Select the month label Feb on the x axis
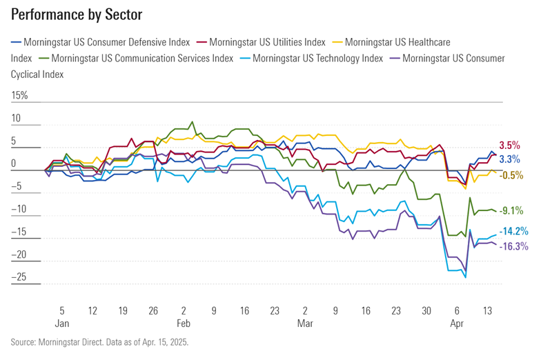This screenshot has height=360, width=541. point(184,323)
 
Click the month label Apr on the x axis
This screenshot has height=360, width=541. point(457,323)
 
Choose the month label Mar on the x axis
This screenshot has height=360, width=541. point(305,323)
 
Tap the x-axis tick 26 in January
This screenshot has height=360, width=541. point(153,310)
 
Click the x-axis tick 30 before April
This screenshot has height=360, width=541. point(426,310)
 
